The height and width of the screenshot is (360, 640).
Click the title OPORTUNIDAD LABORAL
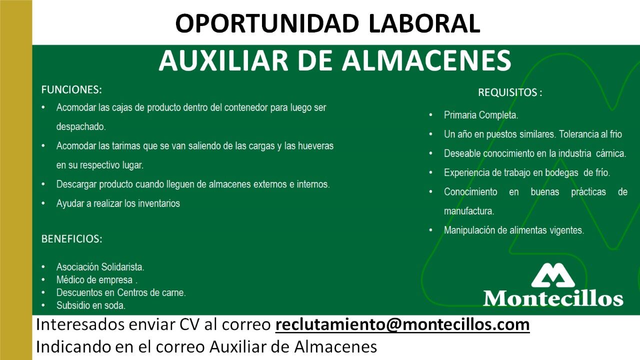point(327,23)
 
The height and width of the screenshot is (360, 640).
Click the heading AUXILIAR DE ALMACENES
point(334,60)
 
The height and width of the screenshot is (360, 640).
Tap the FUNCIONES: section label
point(71,90)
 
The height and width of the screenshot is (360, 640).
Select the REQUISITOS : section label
point(510,92)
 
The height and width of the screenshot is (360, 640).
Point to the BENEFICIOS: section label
point(71,239)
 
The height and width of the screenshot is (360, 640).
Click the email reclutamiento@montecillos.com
point(402,324)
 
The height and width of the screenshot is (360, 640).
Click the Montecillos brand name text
point(553,298)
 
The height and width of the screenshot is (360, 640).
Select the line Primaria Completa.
point(481,115)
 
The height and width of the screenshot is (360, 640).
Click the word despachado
point(81,127)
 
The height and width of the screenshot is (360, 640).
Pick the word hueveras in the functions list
point(315,146)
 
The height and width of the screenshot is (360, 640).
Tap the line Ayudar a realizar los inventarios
point(118,203)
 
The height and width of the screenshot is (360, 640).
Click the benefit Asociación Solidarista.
point(100,267)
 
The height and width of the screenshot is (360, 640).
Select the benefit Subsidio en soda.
point(90,305)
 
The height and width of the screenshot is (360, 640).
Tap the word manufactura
point(469,211)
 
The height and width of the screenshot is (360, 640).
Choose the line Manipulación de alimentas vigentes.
point(513,230)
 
